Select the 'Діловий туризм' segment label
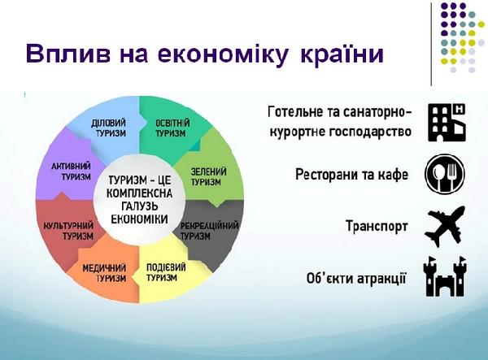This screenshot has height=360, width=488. [108, 128]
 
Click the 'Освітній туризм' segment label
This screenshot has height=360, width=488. [172, 128]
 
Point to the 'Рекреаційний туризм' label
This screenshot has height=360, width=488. [210, 230]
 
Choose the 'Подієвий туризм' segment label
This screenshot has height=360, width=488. [166, 271]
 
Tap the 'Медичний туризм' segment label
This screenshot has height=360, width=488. [104, 273]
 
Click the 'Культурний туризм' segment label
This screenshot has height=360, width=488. [68, 230]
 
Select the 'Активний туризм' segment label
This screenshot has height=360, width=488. [71, 171]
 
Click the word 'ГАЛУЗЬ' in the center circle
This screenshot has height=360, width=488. [139, 206]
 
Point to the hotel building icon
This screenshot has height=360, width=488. [447, 123]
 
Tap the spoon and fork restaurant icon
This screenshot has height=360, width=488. [445, 174]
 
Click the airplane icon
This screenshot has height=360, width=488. [445, 227]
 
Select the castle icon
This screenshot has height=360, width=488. [446, 276]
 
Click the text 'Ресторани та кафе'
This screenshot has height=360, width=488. [351, 175]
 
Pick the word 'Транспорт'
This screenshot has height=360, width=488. [377, 226]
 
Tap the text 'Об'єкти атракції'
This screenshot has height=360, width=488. [356, 278]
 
